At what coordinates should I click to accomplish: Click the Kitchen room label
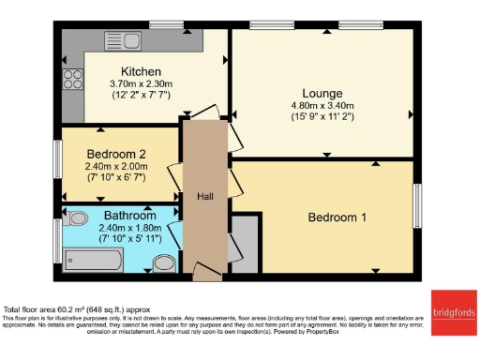pos(141,71)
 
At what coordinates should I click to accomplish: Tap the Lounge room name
pos(322,93)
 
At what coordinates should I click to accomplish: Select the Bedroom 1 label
pos(337,217)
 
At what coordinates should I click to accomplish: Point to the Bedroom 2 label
pos(117,154)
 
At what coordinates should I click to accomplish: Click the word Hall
pos(204,197)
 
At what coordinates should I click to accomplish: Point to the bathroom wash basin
pos(165,262)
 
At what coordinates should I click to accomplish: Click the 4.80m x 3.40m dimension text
pos(322,107)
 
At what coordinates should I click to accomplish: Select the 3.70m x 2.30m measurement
pos(141,84)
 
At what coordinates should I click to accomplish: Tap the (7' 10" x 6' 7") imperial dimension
pos(117,178)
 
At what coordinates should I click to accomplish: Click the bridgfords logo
pos(453,313)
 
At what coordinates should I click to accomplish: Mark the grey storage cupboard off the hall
pos(243,245)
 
